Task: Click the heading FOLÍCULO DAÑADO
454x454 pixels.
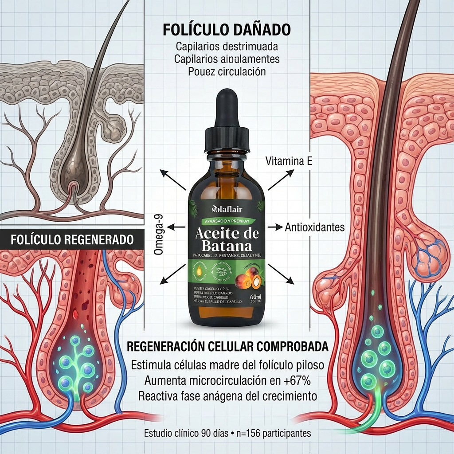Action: pyautogui.click(x=227, y=30)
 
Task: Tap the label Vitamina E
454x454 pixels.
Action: pyautogui.click(x=288, y=161)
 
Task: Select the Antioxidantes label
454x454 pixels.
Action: pyautogui.click(x=315, y=227)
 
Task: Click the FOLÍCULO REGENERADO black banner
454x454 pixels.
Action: pyautogui.click(x=72, y=240)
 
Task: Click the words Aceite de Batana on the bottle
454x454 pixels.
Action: pyautogui.click(x=227, y=240)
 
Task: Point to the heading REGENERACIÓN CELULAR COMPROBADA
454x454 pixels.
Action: pyautogui.click(x=227, y=347)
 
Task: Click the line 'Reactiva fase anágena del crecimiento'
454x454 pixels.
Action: pyautogui.click(x=227, y=395)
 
